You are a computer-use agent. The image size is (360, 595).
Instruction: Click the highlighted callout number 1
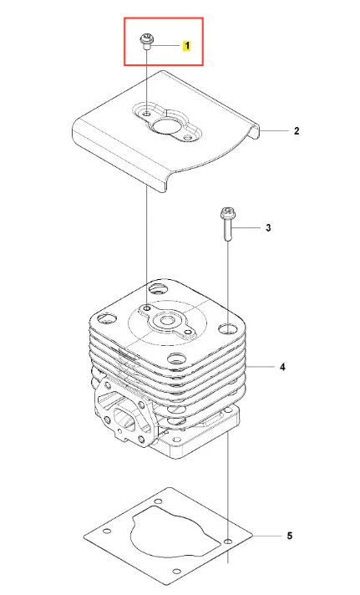(186, 46)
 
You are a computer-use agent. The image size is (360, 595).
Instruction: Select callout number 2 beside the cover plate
(297, 131)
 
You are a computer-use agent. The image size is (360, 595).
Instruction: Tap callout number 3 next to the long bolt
(268, 227)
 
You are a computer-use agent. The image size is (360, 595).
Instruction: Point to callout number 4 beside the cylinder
(282, 367)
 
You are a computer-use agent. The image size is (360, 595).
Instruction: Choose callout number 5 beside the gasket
(290, 536)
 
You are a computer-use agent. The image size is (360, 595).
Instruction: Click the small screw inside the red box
(146, 42)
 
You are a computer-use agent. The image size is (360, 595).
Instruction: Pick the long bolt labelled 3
(227, 224)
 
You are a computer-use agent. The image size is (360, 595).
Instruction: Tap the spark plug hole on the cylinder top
(165, 322)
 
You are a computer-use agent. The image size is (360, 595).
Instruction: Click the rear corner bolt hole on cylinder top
(157, 289)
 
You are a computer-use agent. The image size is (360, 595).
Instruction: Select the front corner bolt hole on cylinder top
(176, 358)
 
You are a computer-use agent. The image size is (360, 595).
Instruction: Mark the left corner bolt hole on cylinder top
(107, 318)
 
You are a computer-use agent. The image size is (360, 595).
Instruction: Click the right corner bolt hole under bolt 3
(227, 328)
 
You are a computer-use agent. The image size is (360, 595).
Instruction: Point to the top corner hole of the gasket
(158, 501)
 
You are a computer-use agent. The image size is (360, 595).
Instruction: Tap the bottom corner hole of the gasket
(175, 572)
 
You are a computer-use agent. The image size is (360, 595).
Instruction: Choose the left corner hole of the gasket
(107, 531)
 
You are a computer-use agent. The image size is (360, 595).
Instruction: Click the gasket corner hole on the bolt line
(227, 541)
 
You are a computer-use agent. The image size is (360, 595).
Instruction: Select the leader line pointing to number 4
(260, 367)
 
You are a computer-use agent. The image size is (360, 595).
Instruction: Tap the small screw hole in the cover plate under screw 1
(146, 113)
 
